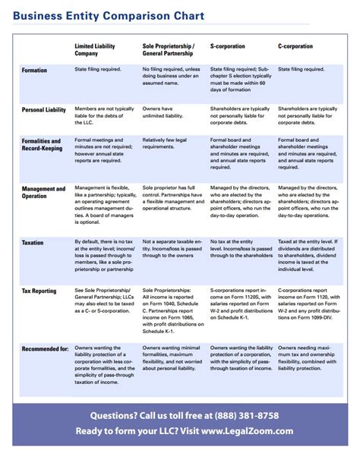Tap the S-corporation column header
click(229, 46)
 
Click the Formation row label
click(35, 71)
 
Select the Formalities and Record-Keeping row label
click(42, 145)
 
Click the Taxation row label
click(33, 243)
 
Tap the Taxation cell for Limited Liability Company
click(104, 257)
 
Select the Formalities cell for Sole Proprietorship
click(171, 145)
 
